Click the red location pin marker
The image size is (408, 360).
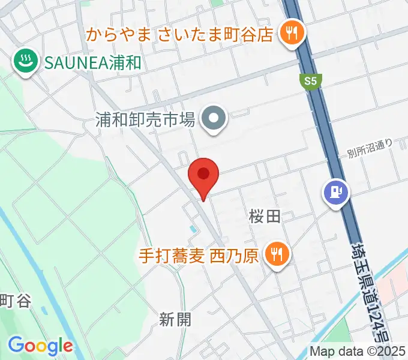(x=203, y=176)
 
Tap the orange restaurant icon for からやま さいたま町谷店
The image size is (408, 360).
(x=292, y=33)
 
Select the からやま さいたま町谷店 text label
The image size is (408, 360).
(x=179, y=33)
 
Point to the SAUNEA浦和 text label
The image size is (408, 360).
(x=91, y=61)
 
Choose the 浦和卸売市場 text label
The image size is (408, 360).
(x=146, y=119)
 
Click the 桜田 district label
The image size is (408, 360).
(x=265, y=217)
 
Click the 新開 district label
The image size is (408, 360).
(x=175, y=319)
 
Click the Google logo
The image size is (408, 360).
(x=40, y=346)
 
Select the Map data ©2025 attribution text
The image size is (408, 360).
(x=357, y=351)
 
